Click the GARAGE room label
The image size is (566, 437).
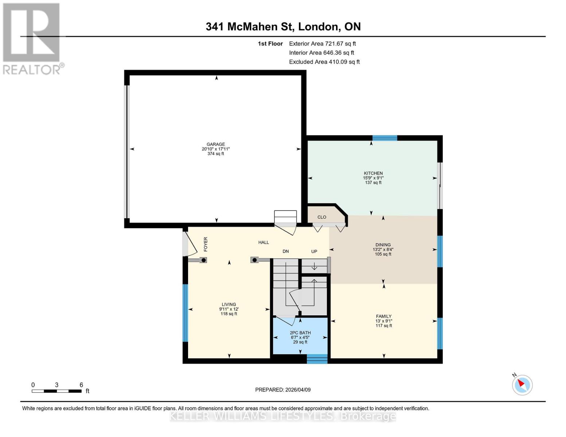point(216,145)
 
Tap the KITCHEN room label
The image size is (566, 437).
point(373,173)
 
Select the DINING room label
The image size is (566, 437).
point(383,245)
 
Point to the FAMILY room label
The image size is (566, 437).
point(384,316)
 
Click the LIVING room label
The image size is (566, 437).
point(229,304)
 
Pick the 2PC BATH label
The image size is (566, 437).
point(300,333)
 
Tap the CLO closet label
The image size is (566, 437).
point(322,217)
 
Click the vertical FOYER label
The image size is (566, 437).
point(206,244)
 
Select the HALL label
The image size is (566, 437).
point(264,243)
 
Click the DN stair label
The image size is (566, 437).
point(286,251)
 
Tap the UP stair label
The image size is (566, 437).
point(314,251)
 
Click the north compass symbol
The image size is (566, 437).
point(522,385)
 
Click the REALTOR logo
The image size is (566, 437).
point(32,38)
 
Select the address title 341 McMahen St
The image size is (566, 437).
point(283,27)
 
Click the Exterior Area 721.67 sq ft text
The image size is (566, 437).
point(322,44)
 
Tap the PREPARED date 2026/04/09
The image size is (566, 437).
point(283,390)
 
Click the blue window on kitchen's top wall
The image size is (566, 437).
point(385,138)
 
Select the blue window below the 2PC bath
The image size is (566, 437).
point(317,359)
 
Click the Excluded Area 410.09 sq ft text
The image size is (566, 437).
point(324,62)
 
